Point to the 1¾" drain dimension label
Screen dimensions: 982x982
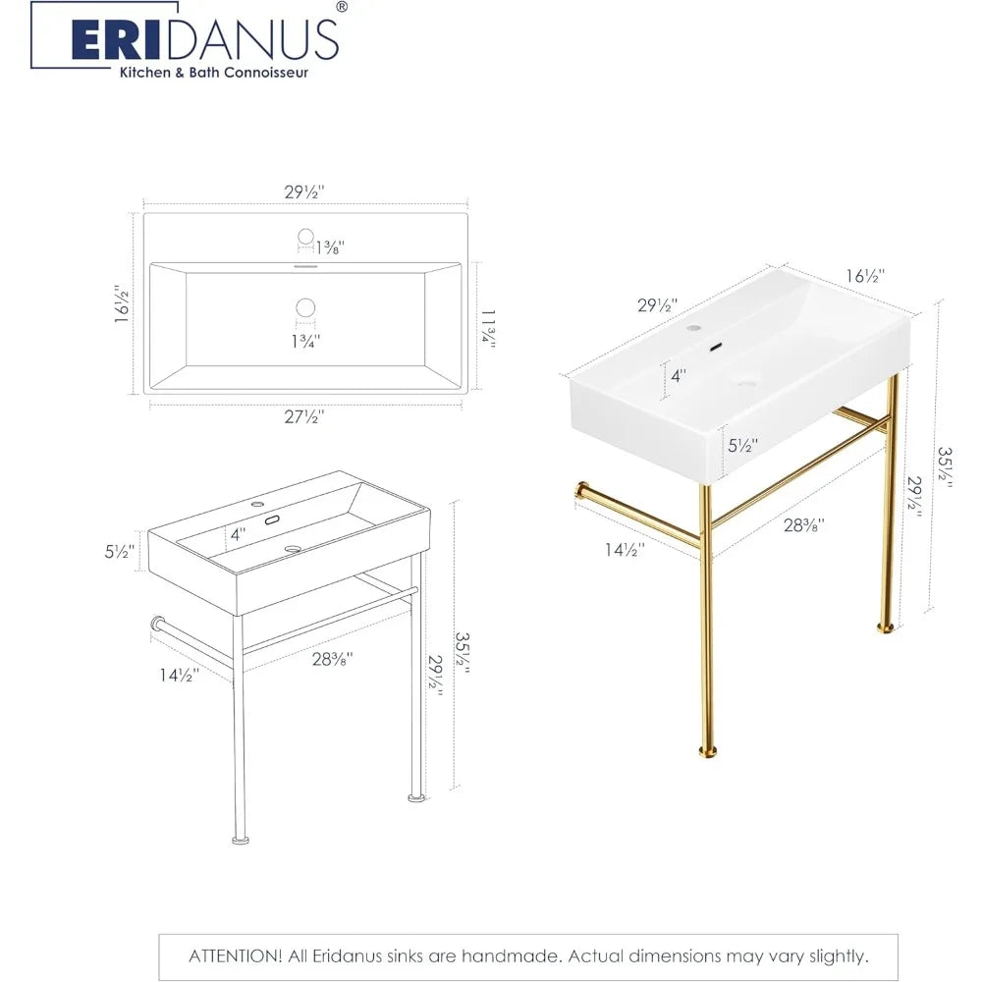[x=305, y=341]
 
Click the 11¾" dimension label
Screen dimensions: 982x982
[x=486, y=328]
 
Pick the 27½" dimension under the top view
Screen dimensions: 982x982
[x=304, y=416]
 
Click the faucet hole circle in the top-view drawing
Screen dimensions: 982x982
[x=305, y=236]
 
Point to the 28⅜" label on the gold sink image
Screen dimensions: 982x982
[x=803, y=525]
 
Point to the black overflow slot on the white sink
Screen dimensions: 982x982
[x=717, y=346]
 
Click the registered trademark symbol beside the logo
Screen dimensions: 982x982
[x=341, y=7]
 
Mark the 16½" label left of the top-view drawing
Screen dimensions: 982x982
[x=122, y=305]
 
